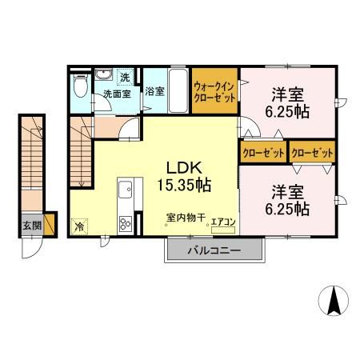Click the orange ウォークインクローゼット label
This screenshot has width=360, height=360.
pyautogui.click(x=214, y=94)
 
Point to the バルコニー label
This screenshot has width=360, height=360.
pyautogui.click(x=214, y=250)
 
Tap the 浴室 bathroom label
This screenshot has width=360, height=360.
pyautogui.click(x=155, y=91)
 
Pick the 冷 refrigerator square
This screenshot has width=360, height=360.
pyautogui.click(x=80, y=226)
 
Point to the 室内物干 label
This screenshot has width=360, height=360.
pyautogui.click(x=186, y=217)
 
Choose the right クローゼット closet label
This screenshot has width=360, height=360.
pyautogui.click(x=313, y=151)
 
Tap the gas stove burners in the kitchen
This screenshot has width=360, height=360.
pyautogui.click(x=126, y=222)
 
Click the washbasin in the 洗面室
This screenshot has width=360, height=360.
pyautogui.click(x=104, y=76)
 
